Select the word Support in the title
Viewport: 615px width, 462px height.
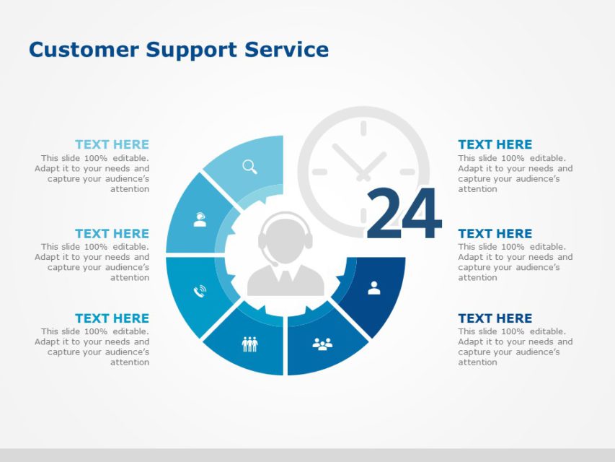(192, 51)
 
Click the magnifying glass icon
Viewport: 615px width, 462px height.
(249, 167)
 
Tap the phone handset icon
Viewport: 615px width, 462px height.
(200, 291)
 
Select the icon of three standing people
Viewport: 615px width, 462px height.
(249, 344)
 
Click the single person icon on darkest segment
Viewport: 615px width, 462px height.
(373, 288)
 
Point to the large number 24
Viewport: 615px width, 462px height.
(403, 214)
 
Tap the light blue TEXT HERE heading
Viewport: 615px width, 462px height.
(112, 144)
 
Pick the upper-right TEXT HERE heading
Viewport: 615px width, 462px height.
(495, 144)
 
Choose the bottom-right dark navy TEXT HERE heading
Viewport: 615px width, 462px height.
(495, 318)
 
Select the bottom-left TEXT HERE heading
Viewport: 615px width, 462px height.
(112, 318)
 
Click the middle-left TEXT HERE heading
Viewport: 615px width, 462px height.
(112, 233)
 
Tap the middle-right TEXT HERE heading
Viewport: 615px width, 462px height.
(495, 233)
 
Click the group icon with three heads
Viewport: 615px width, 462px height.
(322, 344)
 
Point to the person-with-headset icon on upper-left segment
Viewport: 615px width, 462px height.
(200, 220)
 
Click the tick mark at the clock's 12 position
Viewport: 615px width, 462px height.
(363, 128)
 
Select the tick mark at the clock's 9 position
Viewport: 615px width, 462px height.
(319, 172)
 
